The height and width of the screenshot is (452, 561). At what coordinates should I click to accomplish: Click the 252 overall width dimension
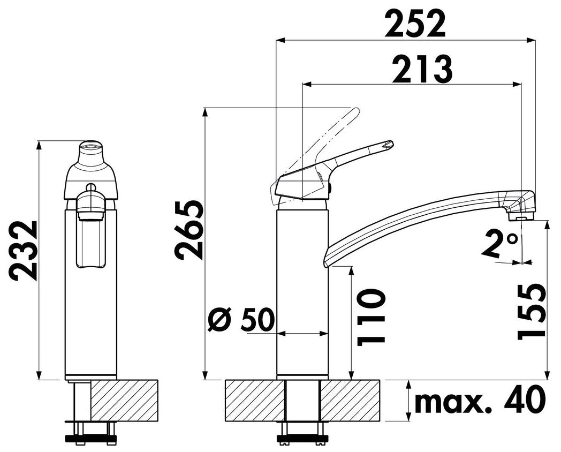[415, 24]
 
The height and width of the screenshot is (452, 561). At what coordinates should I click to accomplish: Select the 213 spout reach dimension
[422, 69]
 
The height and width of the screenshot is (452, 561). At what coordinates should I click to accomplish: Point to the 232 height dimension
[22, 251]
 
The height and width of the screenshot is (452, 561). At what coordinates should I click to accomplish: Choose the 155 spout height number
[532, 311]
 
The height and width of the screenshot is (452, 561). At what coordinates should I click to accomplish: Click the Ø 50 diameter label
[241, 318]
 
